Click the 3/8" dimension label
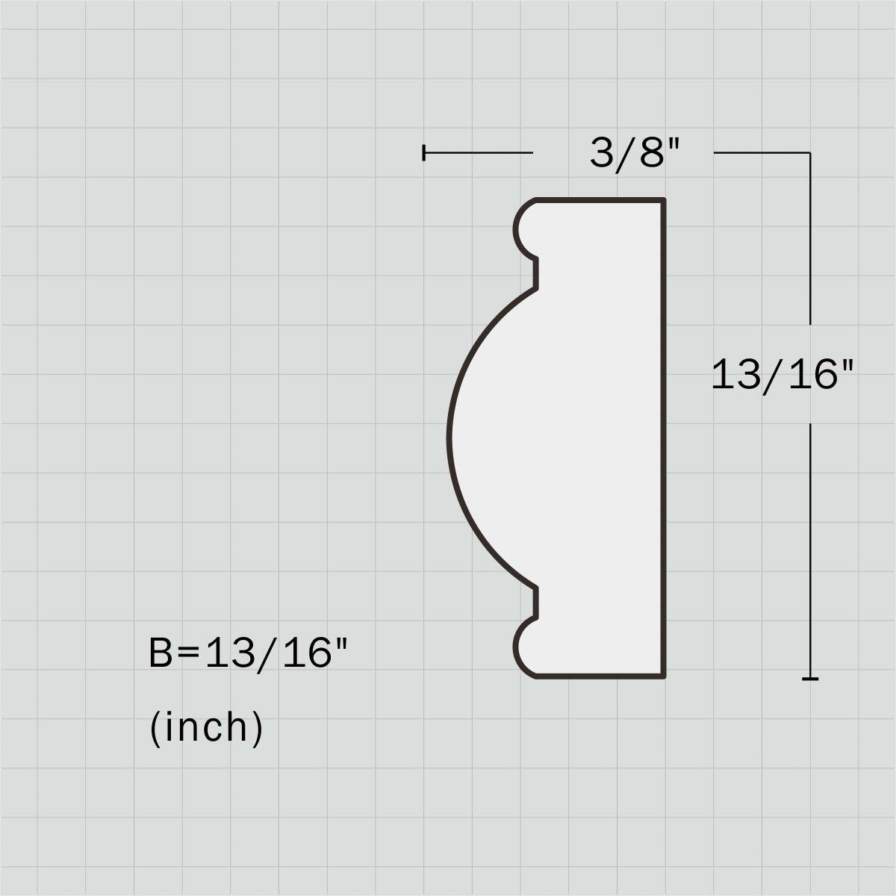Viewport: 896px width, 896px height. tap(635, 154)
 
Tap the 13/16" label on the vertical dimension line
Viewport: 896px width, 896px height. tap(783, 375)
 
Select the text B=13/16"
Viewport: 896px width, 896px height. tap(248, 653)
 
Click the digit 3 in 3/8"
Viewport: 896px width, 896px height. tap(602, 153)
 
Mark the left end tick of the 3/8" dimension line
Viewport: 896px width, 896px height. tap(423, 152)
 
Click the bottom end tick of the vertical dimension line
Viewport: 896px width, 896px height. tap(810, 679)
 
